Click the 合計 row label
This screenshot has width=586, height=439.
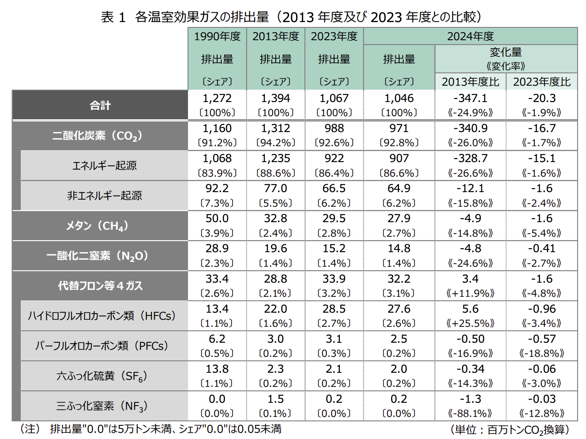tap(100, 106)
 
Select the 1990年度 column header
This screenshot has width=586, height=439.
tap(217, 36)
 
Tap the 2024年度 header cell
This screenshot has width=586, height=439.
tap(470, 36)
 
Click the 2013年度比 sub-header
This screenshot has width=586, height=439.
tap(470, 82)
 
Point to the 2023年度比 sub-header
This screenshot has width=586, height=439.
tap(542, 82)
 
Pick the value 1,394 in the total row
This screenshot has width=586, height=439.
tap(275, 98)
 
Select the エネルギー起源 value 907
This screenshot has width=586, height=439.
tap(399, 158)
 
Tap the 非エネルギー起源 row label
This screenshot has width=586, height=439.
tap(105, 196)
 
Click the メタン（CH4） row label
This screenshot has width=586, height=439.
tap(98, 226)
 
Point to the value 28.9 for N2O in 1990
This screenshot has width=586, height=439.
tap(217, 249)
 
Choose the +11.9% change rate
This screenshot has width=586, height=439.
tap(470, 293)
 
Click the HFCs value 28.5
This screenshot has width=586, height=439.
tap(334, 309)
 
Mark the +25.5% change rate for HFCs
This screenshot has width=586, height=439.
tap(470, 323)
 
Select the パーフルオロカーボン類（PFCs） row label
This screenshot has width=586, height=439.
tap(102, 346)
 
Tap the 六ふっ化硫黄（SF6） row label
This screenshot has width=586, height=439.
tap(102, 376)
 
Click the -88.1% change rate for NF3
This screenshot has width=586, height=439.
tap(470, 413)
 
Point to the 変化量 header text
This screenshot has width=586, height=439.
tap(506, 53)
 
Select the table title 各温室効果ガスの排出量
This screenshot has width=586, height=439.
tap(202, 17)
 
